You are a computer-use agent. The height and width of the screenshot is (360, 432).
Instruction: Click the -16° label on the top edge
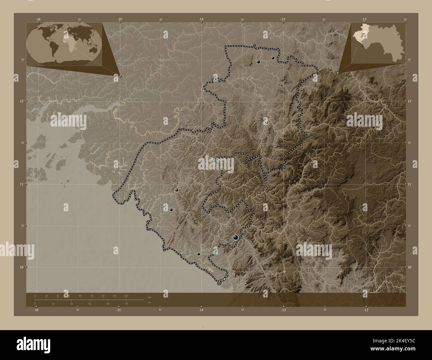click(x=39, y=20)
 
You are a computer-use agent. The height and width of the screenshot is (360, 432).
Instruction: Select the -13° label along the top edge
click(x=282, y=20)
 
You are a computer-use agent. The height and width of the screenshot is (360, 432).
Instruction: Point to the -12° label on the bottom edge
click(x=366, y=310)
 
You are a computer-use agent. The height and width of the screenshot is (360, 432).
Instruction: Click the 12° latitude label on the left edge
click(x=22, y=101)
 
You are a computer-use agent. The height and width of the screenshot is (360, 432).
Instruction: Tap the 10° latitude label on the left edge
click(x=22, y=267)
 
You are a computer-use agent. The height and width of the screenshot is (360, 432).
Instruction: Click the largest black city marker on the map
click(x=236, y=237)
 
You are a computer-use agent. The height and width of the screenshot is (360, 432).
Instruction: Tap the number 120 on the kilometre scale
click(x=126, y=296)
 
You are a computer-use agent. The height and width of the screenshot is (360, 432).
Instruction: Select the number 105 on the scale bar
click(x=114, y=296)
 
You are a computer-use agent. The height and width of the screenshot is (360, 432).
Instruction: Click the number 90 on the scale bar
click(x=103, y=296)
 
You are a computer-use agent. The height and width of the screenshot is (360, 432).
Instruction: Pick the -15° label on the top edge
click(x=120, y=20)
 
